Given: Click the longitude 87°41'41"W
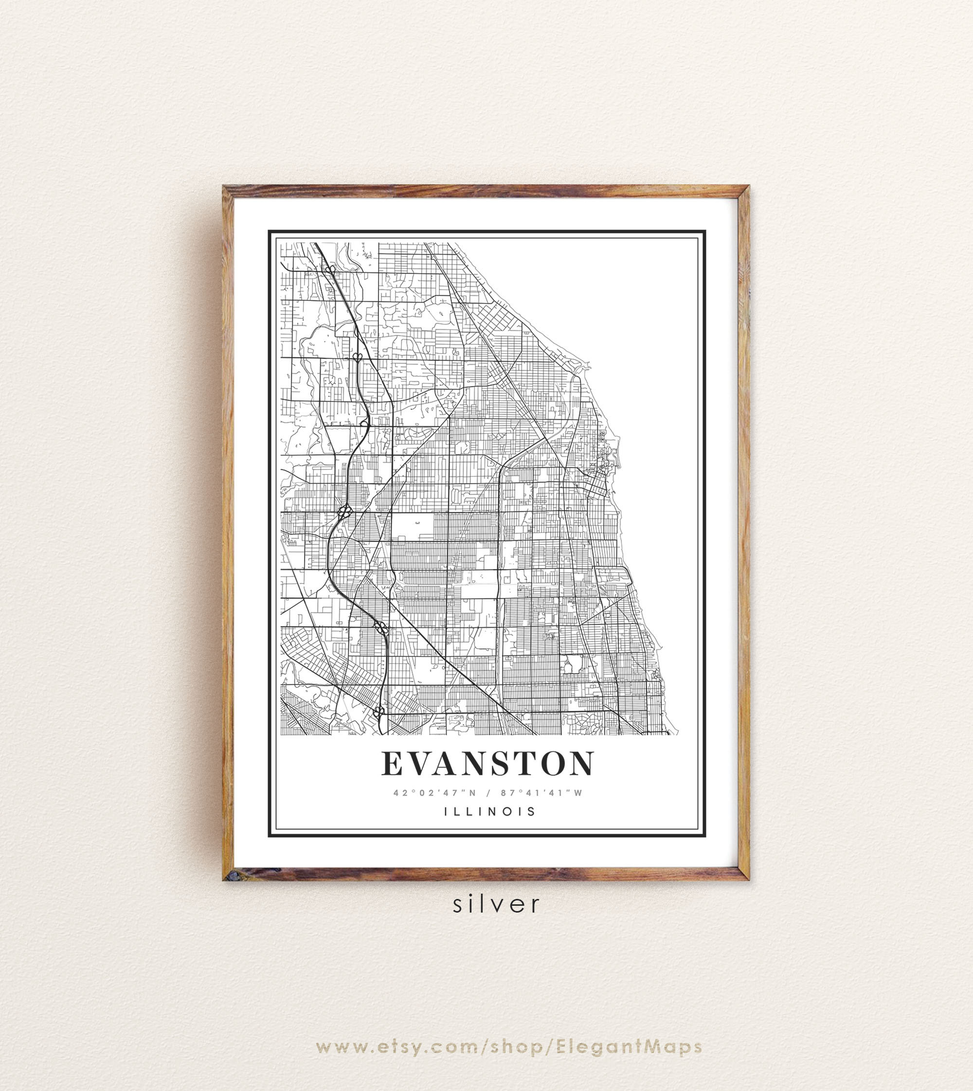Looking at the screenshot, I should [x=541, y=793].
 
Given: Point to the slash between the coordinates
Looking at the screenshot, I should [x=488, y=793].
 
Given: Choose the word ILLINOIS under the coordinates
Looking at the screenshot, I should [x=490, y=811].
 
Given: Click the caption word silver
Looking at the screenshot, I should [x=497, y=904].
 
